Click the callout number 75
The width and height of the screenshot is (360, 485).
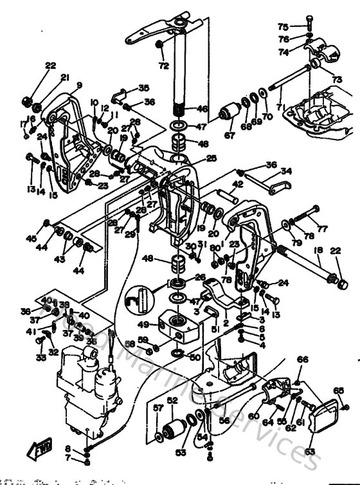283,26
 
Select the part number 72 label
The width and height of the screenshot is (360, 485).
163,66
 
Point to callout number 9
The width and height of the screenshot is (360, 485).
79,85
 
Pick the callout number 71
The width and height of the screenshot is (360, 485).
279,105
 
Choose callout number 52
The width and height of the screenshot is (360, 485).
172,399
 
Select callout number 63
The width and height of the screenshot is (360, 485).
310,452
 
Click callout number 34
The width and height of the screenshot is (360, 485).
286,171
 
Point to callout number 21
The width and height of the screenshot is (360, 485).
65,77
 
